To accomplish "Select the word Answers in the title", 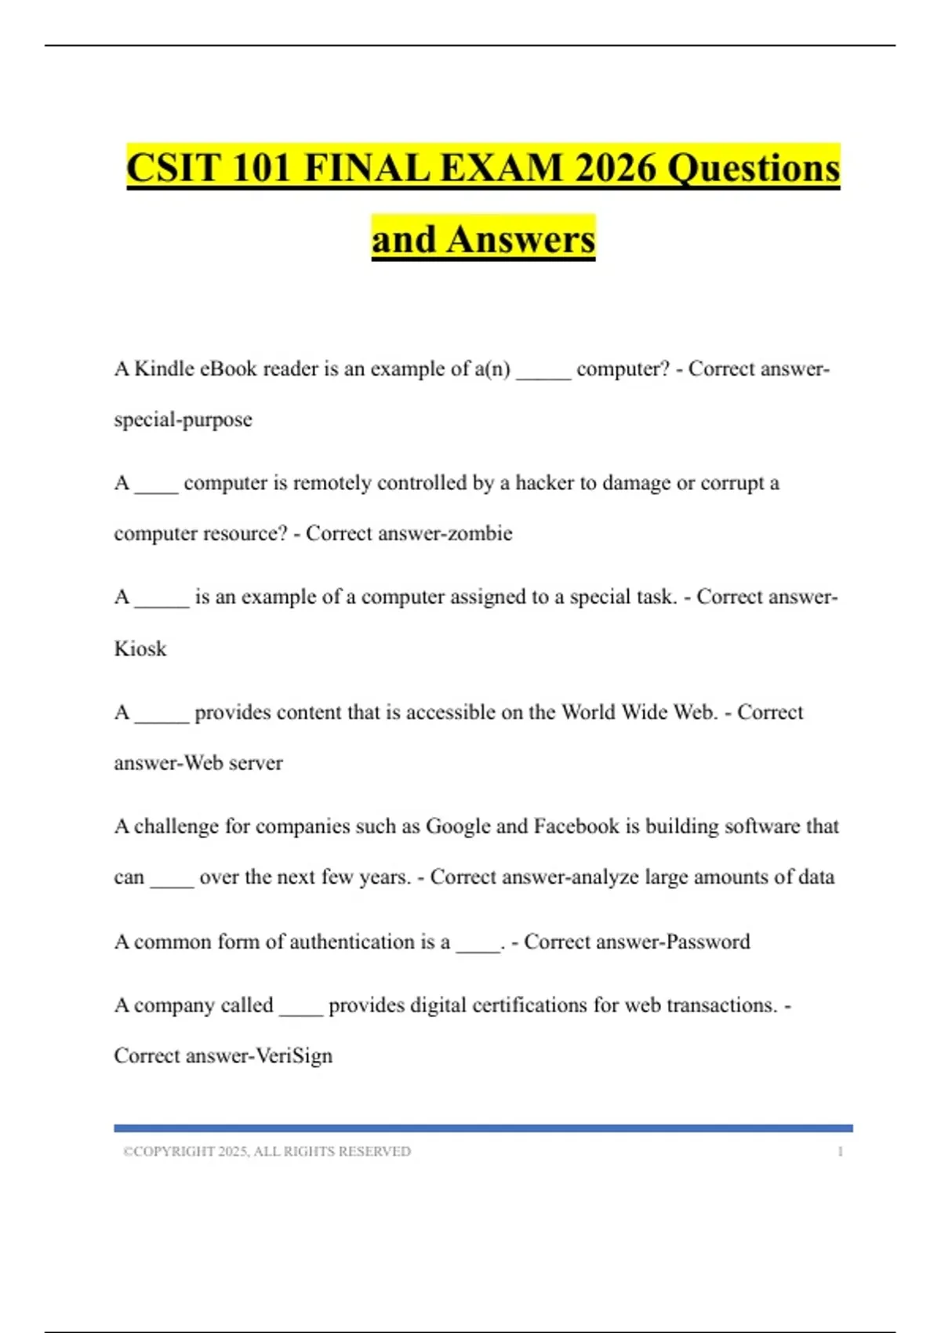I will (x=521, y=239).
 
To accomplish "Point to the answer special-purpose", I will (x=183, y=420).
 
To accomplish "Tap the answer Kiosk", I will (x=140, y=648).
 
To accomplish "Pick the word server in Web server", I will (x=256, y=763).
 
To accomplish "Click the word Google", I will (x=458, y=826).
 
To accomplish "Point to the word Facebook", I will (x=576, y=826).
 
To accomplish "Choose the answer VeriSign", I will (x=294, y=1055).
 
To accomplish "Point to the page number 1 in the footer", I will (x=840, y=1151).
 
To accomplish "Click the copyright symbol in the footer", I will (x=127, y=1151).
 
